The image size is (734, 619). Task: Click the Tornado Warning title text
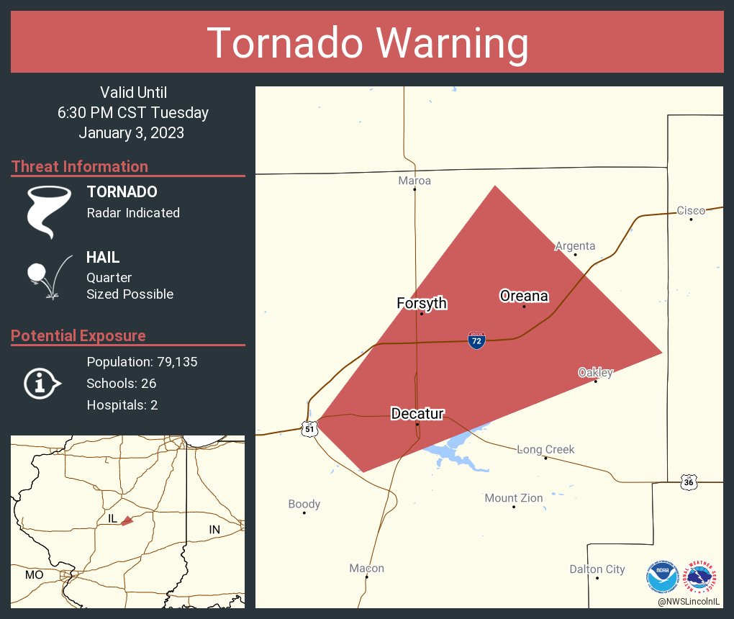click(x=367, y=43)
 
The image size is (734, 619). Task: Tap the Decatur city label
click(x=417, y=413)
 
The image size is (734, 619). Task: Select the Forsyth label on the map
click(x=422, y=303)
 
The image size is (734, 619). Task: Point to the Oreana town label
click(x=524, y=296)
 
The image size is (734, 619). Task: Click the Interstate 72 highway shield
click(x=476, y=340)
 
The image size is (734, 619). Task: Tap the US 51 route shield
click(x=309, y=428)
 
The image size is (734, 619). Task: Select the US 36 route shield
click(x=689, y=482)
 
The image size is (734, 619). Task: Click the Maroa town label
click(x=414, y=181)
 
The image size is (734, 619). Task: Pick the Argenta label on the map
click(x=575, y=245)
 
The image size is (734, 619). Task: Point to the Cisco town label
click(x=691, y=210)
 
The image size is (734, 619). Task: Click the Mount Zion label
click(x=514, y=498)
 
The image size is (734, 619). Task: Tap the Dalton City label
click(x=597, y=569)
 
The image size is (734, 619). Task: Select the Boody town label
click(x=304, y=504)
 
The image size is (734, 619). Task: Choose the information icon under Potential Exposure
click(x=42, y=383)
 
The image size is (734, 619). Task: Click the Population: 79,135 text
click(x=142, y=361)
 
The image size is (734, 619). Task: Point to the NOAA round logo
click(x=662, y=577)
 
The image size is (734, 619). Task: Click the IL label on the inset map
click(x=112, y=518)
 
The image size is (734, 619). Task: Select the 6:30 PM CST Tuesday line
click(x=133, y=113)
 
